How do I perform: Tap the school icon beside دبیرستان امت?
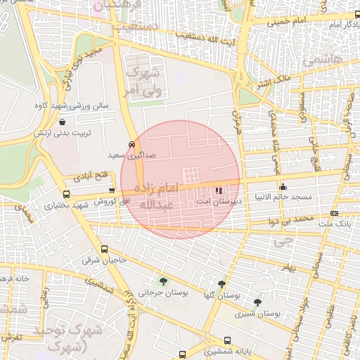coord(219,189)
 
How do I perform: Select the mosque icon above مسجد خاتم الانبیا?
coord(283,187)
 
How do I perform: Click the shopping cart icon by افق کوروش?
coord(112,191)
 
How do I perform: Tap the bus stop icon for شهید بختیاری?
coord(66,195)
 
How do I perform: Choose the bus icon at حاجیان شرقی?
coord(105,249)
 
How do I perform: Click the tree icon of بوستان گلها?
coord(221,284)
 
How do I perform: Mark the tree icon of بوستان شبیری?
coord(257,302)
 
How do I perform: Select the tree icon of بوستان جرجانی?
coord(164,281)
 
